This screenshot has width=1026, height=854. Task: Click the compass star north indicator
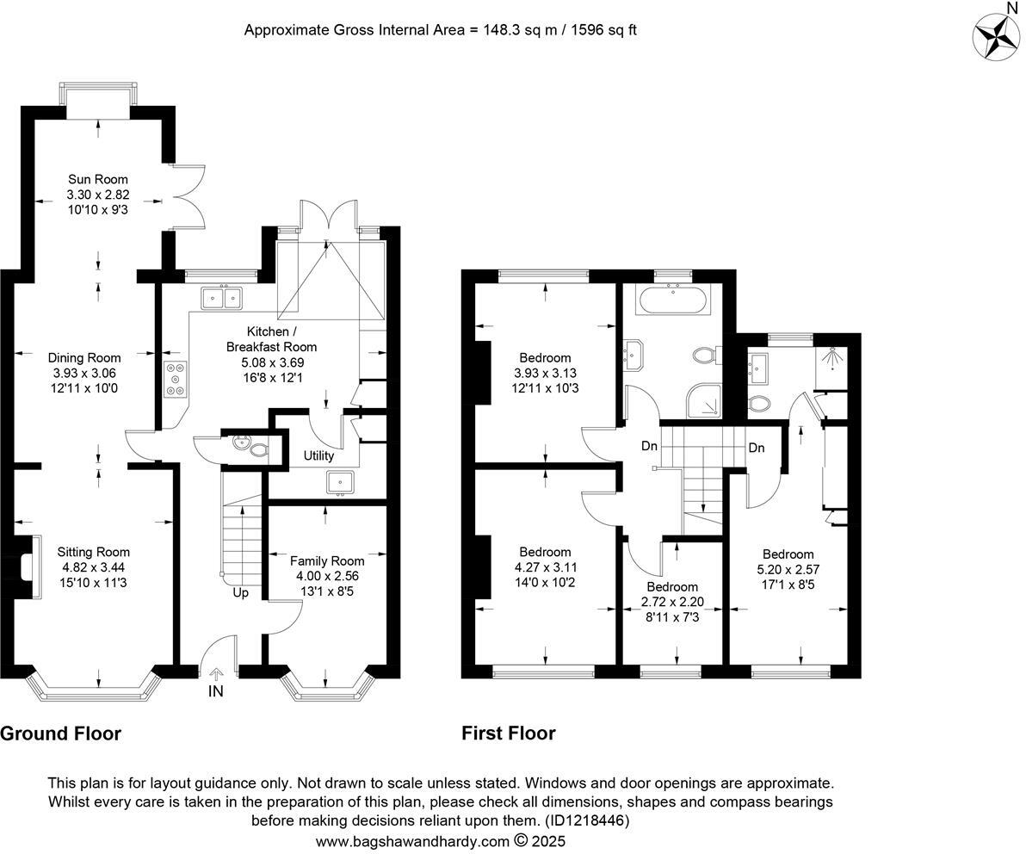[x=997, y=37]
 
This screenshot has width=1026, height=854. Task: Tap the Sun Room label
[x=98, y=179]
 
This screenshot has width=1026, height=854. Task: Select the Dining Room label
[x=84, y=357]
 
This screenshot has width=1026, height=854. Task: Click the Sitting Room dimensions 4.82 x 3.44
[x=94, y=568]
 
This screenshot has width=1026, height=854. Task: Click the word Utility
[x=318, y=455]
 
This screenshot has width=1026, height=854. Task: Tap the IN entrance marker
[x=214, y=691]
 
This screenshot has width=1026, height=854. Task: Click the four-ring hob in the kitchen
[x=175, y=381]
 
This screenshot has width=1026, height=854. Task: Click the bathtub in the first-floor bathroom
[x=671, y=301]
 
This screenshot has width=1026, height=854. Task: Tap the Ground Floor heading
[x=60, y=733]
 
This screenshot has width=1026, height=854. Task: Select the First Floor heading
[x=508, y=733]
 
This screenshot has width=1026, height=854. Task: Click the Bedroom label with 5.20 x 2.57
[x=788, y=554]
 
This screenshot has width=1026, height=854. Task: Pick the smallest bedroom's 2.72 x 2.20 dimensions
[x=672, y=603]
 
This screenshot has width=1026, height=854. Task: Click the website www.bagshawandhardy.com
[x=412, y=841]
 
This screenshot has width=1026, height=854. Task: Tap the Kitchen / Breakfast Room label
[x=272, y=339]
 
